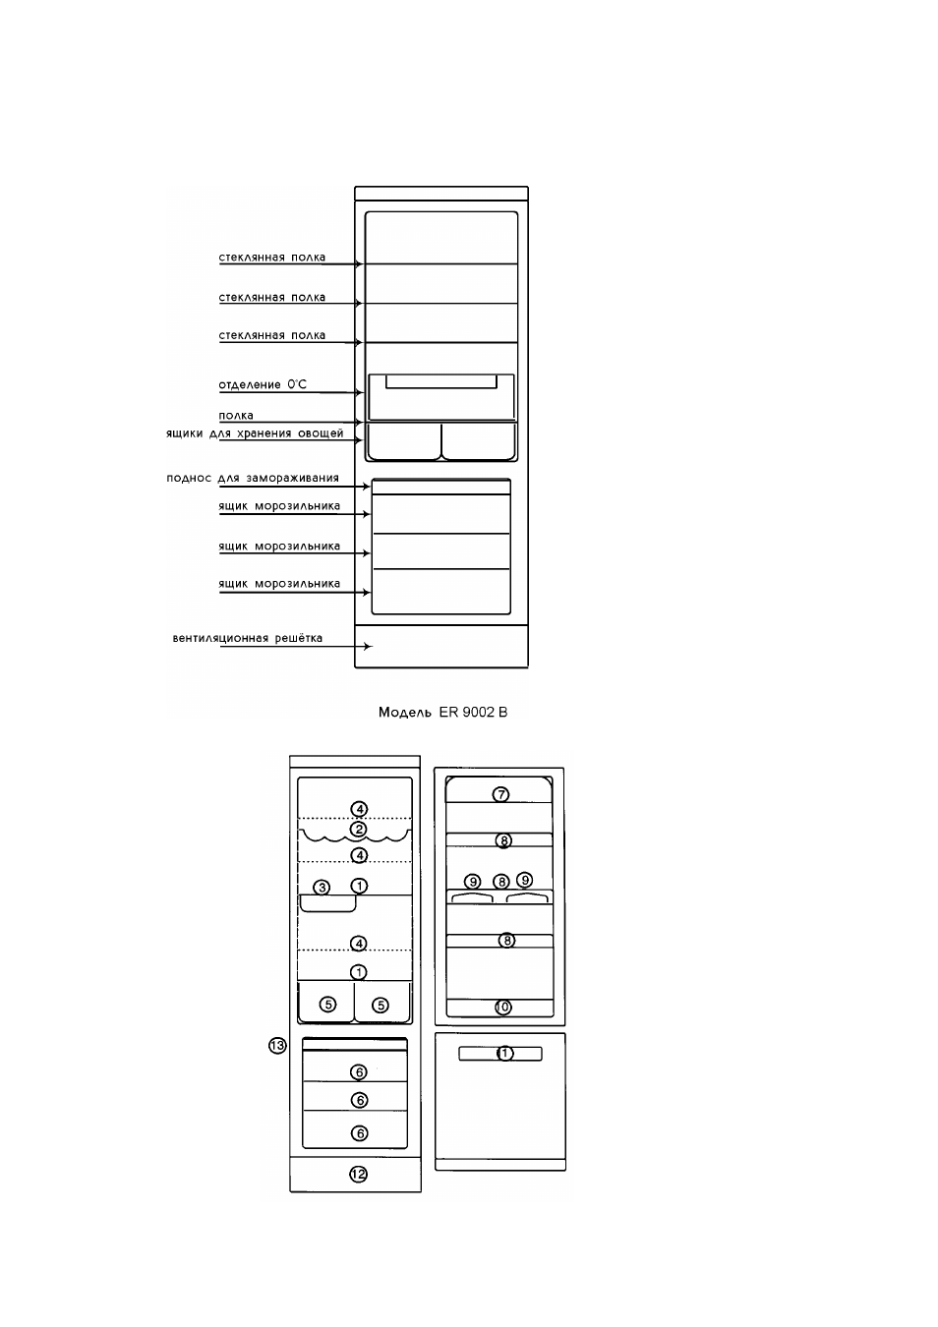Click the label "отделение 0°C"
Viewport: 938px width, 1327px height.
[x=263, y=384]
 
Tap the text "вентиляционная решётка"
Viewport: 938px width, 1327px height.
[x=247, y=638]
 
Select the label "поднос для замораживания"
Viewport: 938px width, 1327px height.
[x=253, y=478]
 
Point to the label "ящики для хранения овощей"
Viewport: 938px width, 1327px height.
[x=255, y=433]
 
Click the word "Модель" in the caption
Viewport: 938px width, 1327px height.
[x=405, y=712]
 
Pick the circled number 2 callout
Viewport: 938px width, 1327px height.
[x=358, y=829]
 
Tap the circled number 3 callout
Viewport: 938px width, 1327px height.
[x=322, y=887]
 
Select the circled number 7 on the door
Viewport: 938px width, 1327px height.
[x=500, y=794]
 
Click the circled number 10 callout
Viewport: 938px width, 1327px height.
[x=502, y=1007]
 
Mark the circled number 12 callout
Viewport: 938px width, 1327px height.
[x=358, y=1174]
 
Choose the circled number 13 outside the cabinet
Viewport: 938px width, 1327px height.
[x=277, y=1046]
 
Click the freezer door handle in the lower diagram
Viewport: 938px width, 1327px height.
[x=500, y=1054]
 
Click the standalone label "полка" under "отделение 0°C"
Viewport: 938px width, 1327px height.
[x=236, y=415]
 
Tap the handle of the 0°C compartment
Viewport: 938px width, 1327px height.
[x=441, y=381]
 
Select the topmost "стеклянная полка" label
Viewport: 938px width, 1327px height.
[x=272, y=258]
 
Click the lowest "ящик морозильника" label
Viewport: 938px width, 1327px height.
[x=279, y=584]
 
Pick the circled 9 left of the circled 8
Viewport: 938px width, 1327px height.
[x=472, y=882]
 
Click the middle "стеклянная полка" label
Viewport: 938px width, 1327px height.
[x=272, y=298]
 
